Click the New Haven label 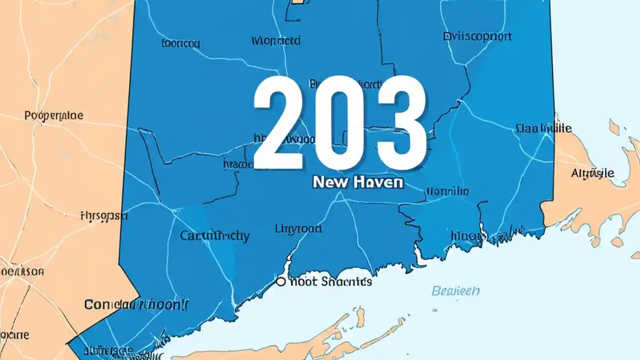pos(357,182)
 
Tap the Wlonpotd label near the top pos(275,40)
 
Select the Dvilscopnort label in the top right pos(477,36)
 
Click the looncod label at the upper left pos(180,44)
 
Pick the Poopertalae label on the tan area pos(53,116)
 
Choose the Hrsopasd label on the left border pos(104,216)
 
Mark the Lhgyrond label pos(298,229)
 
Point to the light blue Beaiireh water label pos(455,290)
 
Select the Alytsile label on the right pos(592,173)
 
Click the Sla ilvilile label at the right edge pos(543,128)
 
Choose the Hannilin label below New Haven pos(447,191)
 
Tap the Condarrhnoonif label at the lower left pos(137,303)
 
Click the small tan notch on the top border pos(297,1)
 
